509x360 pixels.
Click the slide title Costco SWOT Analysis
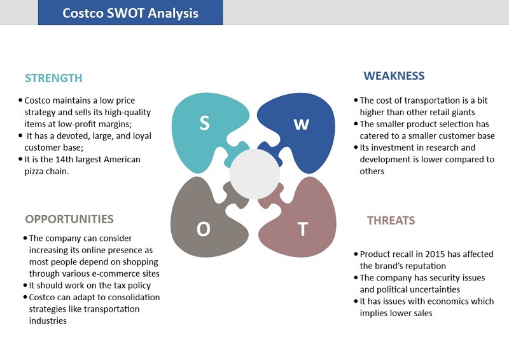(x=130, y=13)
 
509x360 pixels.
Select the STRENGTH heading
(x=53, y=78)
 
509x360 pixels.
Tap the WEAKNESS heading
(x=394, y=76)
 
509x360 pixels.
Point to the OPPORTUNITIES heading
(x=69, y=219)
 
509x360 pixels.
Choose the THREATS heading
(x=391, y=221)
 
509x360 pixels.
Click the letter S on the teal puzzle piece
(x=204, y=123)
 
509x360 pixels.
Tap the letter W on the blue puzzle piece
(x=301, y=124)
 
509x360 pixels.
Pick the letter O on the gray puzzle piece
(x=204, y=229)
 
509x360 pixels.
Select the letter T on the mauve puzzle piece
(x=303, y=229)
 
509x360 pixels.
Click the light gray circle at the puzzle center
(x=255, y=174)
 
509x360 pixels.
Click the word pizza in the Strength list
(x=34, y=171)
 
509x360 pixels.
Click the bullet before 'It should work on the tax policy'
(x=25, y=286)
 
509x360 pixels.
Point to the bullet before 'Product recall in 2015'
(x=356, y=254)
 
